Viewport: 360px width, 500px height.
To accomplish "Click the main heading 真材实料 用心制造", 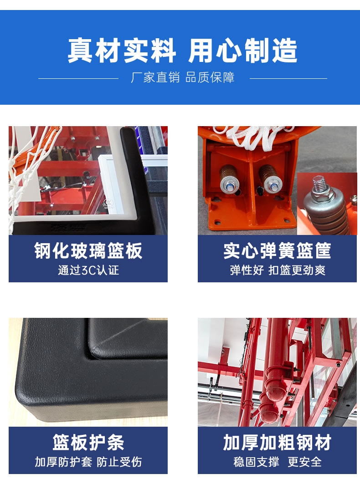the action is tap(182, 51).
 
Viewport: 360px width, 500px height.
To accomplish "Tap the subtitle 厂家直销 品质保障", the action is tap(183, 77).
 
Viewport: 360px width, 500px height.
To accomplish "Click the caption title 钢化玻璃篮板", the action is tap(88, 250).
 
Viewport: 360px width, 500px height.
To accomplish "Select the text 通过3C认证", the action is tap(88, 270).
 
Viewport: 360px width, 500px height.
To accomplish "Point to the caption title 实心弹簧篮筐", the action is tap(277, 250).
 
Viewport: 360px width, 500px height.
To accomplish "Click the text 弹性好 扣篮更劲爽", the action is tap(278, 270).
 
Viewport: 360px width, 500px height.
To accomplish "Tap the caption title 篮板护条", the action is tap(88, 442).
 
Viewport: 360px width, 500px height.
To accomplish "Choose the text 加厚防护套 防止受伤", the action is tap(88, 462).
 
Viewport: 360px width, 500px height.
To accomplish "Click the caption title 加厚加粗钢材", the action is tap(277, 442).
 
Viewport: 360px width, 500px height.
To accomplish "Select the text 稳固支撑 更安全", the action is tap(277, 462).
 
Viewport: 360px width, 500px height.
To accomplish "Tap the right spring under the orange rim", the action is tap(269, 179).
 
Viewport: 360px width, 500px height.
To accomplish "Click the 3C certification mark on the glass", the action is tap(107, 203).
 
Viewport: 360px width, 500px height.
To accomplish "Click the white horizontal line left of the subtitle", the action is tap(78, 78).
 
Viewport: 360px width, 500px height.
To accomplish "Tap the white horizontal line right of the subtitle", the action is tap(288, 78).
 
